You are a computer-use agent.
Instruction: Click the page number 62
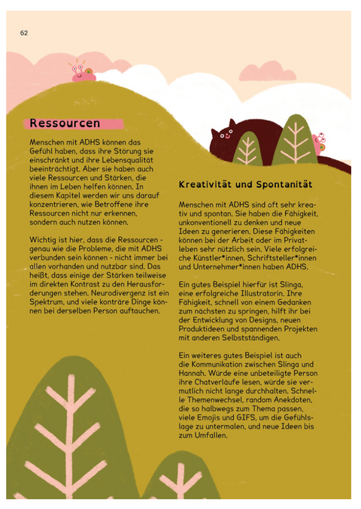[x=24, y=33]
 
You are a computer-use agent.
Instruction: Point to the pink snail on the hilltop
[x=82, y=72]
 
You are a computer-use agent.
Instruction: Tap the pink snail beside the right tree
[x=319, y=142]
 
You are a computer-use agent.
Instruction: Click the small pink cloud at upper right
[x=268, y=71]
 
